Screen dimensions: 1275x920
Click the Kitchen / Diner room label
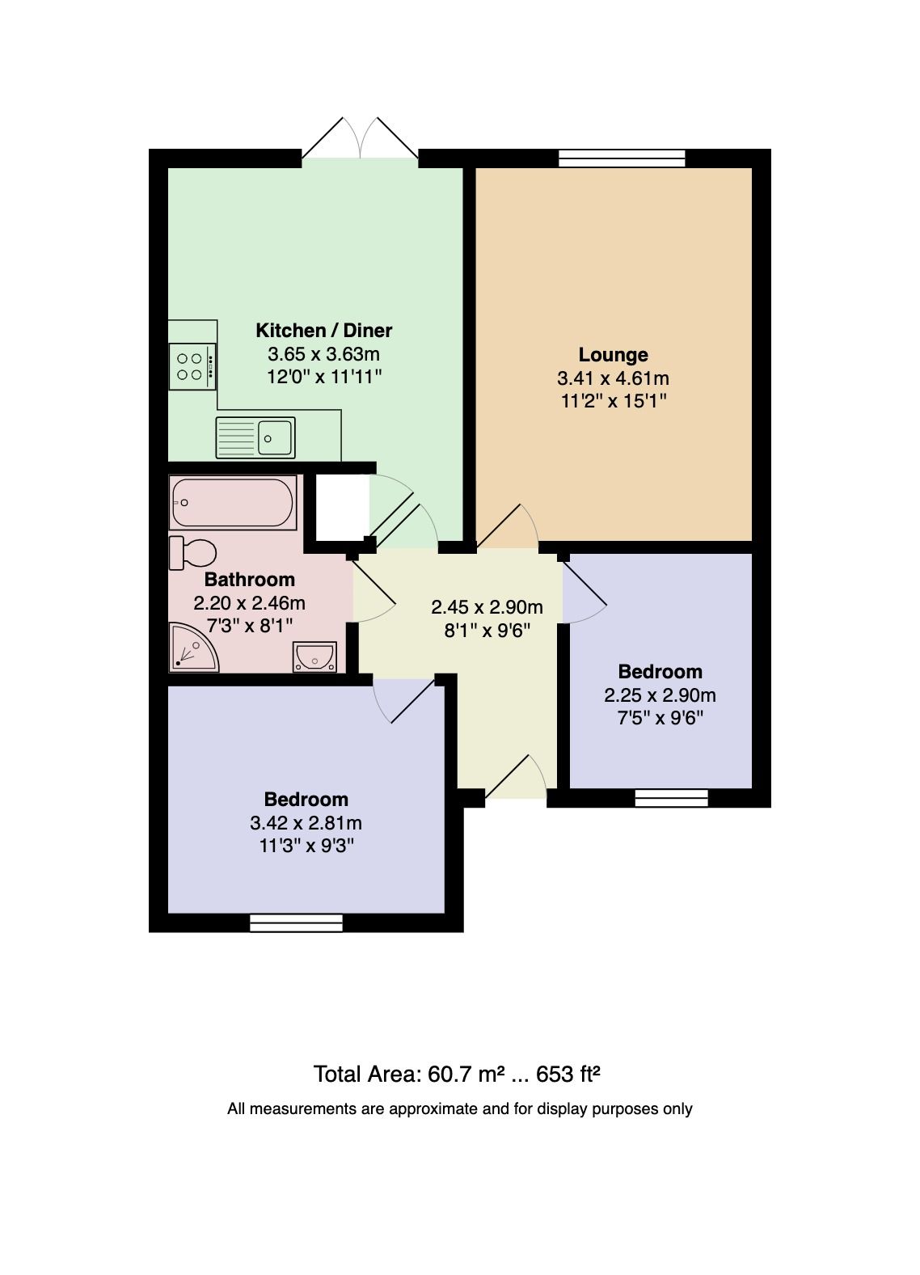click(323, 330)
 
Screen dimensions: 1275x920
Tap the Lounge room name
click(613, 354)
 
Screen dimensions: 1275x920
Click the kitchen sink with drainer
click(255, 437)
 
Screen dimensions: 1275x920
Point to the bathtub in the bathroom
click(233, 502)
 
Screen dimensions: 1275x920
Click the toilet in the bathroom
click(193, 553)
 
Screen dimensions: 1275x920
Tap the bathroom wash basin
click(314, 656)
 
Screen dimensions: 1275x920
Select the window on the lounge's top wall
click(622, 158)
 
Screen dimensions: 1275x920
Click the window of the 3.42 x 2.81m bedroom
click(296, 922)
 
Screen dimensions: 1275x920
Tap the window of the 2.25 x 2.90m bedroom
click(671, 798)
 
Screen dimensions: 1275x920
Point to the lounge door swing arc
click(509, 526)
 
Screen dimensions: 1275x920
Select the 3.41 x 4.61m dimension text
click(613, 378)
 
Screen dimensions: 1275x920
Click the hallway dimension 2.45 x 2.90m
click(487, 606)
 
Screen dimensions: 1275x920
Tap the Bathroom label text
click(249, 579)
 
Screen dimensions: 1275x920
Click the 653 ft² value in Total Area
click(574, 1074)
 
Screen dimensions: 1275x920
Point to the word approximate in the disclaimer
click(433, 1108)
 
